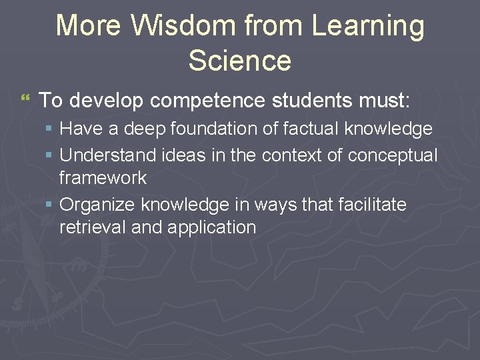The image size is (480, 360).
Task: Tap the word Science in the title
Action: (240, 60)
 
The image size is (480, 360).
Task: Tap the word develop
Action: (105, 101)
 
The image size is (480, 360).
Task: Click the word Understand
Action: (108, 155)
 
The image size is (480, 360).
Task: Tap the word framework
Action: (103, 178)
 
